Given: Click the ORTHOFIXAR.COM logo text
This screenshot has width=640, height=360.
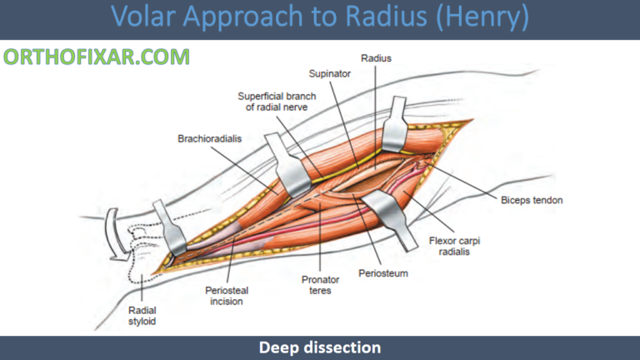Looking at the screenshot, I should coord(97,57).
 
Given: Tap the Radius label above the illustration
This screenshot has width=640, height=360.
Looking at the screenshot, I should coord(377,58).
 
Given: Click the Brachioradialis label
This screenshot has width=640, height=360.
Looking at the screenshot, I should coord(209,138).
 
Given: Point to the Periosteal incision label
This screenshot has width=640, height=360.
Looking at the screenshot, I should coord(226,296).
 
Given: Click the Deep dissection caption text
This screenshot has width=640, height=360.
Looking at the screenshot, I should coord(320,347).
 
